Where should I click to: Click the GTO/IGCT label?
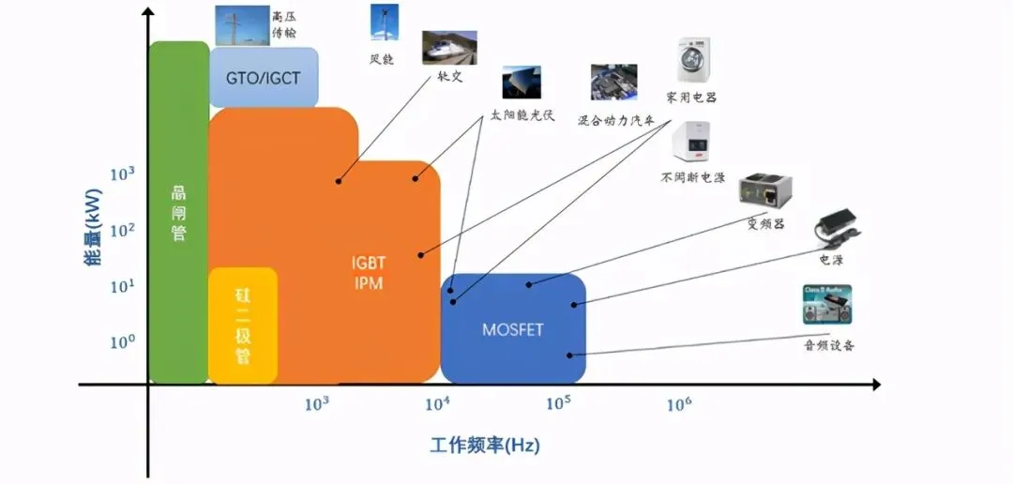pyautogui.click(x=264, y=77)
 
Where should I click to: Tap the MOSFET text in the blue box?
pyautogui.click(x=513, y=329)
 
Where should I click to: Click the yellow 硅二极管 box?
pyautogui.click(x=243, y=326)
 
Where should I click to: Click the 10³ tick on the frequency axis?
pyautogui.click(x=316, y=404)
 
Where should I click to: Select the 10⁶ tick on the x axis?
pyautogui.click(x=679, y=404)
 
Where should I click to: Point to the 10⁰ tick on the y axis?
pyautogui.click(x=124, y=342)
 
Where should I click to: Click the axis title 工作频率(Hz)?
pyautogui.click(x=485, y=446)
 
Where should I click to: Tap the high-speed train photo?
pyautogui.click(x=448, y=48)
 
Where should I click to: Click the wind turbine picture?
pyautogui.click(x=383, y=23)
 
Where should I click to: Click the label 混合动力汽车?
pyautogui.click(x=614, y=121)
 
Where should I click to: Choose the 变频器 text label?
pyautogui.click(x=764, y=225)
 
